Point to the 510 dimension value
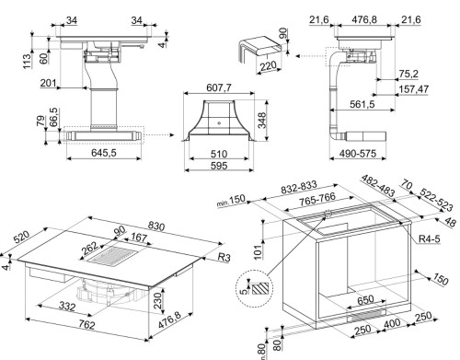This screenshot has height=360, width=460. click(x=218, y=155)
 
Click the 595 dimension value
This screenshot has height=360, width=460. click(x=218, y=167)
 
